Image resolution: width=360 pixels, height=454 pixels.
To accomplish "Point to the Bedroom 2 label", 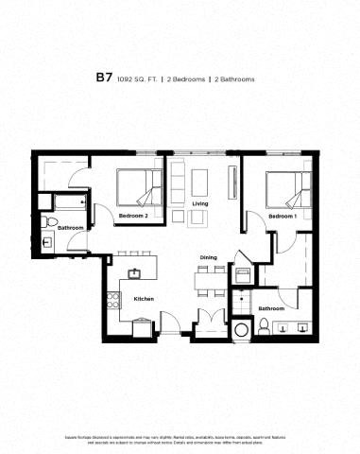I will (133, 217).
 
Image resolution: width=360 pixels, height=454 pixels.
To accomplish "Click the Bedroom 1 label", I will (282, 217).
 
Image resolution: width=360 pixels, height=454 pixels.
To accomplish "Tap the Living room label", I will (199, 203).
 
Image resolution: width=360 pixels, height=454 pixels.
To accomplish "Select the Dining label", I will (208, 257).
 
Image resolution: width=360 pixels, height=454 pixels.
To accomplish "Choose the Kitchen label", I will (144, 299).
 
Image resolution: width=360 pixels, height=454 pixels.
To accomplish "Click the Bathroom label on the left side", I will (71, 228).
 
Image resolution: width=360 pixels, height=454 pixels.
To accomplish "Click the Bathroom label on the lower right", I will (272, 308).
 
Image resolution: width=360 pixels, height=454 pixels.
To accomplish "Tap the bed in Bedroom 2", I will (140, 185).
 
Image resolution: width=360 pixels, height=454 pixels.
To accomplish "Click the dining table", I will (208, 278).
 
